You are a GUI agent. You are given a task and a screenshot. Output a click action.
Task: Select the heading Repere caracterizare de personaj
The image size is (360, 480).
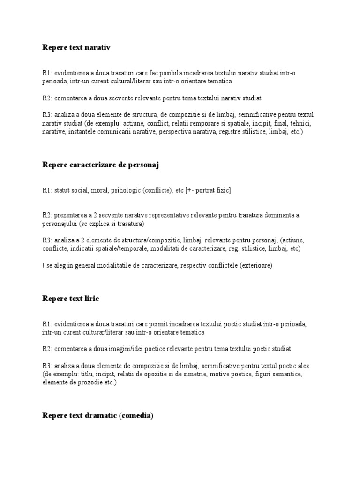[x=101, y=165]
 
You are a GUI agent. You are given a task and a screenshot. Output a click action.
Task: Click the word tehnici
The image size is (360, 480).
[x=300, y=123]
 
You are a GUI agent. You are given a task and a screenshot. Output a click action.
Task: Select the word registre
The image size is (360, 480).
[x=243, y=132]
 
